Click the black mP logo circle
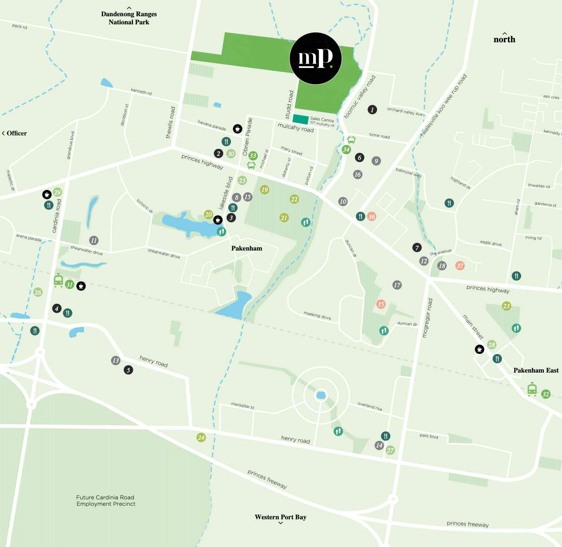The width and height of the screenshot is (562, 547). (315, 58)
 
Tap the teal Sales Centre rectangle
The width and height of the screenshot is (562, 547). (300, 119)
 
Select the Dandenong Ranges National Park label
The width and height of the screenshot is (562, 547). (129, 18)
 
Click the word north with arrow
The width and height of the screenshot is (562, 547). (504, 38)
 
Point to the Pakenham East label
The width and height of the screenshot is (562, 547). (536, 370)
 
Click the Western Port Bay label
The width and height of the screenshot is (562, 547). (280, 517)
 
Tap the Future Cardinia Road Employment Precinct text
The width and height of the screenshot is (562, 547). (106, 500)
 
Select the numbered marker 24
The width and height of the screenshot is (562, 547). (201, 437)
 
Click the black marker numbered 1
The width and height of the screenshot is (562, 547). (372, 110)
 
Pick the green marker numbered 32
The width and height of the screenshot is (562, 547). (545, 394)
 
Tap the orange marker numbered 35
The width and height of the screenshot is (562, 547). (381, 304)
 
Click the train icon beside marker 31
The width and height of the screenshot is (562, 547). (58, 280)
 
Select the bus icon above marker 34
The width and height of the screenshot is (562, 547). (351, 140)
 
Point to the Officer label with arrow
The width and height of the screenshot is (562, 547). (14, 133)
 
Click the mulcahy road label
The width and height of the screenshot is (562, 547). (296, 127)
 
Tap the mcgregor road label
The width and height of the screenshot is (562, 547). (427, 317)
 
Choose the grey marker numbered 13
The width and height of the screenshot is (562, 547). (116, 360)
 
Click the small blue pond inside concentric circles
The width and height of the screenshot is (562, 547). (321, 395)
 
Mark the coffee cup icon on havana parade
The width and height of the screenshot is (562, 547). (237, 128)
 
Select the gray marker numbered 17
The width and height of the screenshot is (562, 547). (397, 285)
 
